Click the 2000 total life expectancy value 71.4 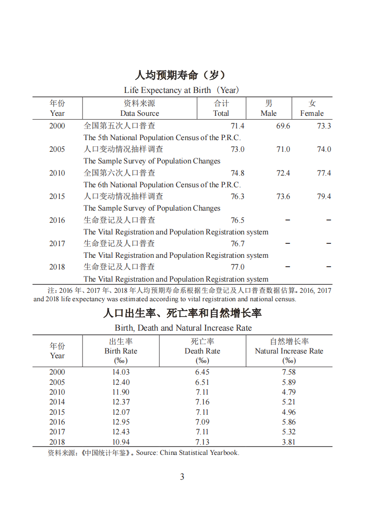click(237, 126)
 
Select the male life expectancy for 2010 click(283, 173)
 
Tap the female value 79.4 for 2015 click(324, 197)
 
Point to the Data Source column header click(139, 108)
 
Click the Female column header click(312, 108)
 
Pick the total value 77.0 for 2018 click(237, 267)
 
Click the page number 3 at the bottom click(182, 477)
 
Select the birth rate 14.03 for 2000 click(121, 372)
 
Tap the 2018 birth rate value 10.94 click(121, 442)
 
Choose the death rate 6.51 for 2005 click(202, 382)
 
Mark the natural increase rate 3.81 click(289, 442)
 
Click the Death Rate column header click(202, 351)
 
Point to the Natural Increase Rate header click(289, 351)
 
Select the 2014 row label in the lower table click(57, 402)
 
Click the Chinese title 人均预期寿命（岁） click(182, 75)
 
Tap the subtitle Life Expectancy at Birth click(182, 90)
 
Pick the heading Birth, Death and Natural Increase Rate click(183, 328)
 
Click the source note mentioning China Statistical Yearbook click(144, 453)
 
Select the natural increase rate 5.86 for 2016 click(289, 422)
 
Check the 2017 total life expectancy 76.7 click(237, 244)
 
